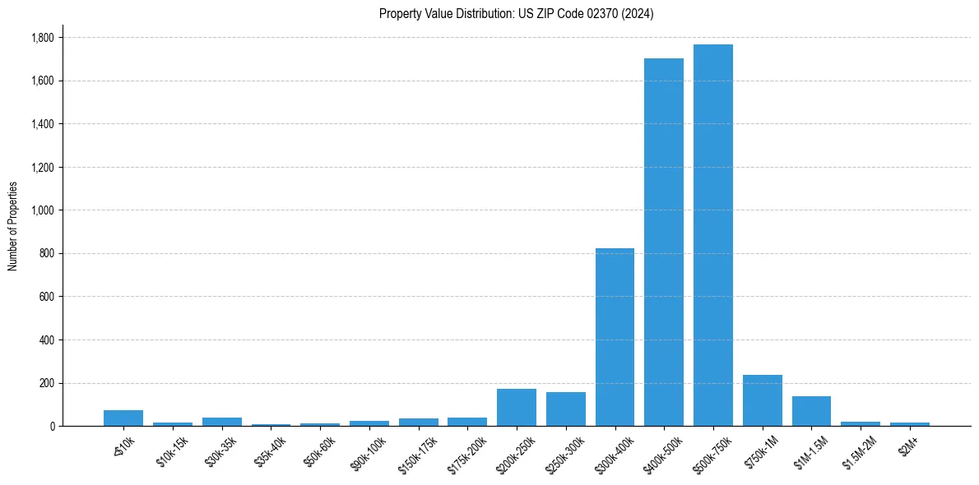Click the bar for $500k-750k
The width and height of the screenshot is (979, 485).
coord(712,235)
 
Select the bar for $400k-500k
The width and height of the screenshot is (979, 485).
coord(664,242)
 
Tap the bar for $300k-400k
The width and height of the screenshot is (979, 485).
coord(615,337)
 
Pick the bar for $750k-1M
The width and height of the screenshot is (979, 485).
coord(762,400)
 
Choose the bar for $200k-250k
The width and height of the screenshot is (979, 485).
coord(517,408)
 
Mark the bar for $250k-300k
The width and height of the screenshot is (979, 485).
coord(565,409)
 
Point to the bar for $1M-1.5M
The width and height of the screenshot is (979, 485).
coord(811,411)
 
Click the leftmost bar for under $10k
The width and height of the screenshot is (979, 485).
coord(123,418)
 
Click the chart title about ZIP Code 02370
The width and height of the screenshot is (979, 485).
coord(517,14)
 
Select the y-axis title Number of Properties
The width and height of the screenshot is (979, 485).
coord(13,226)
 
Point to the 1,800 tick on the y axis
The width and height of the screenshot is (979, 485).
coord(42,38)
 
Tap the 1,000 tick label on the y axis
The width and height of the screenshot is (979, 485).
coord(42,210)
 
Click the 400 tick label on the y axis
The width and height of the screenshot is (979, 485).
coord(47,340)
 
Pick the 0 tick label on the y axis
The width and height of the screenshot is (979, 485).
coord(52,427)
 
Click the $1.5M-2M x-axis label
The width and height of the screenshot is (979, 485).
coord(858,451)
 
